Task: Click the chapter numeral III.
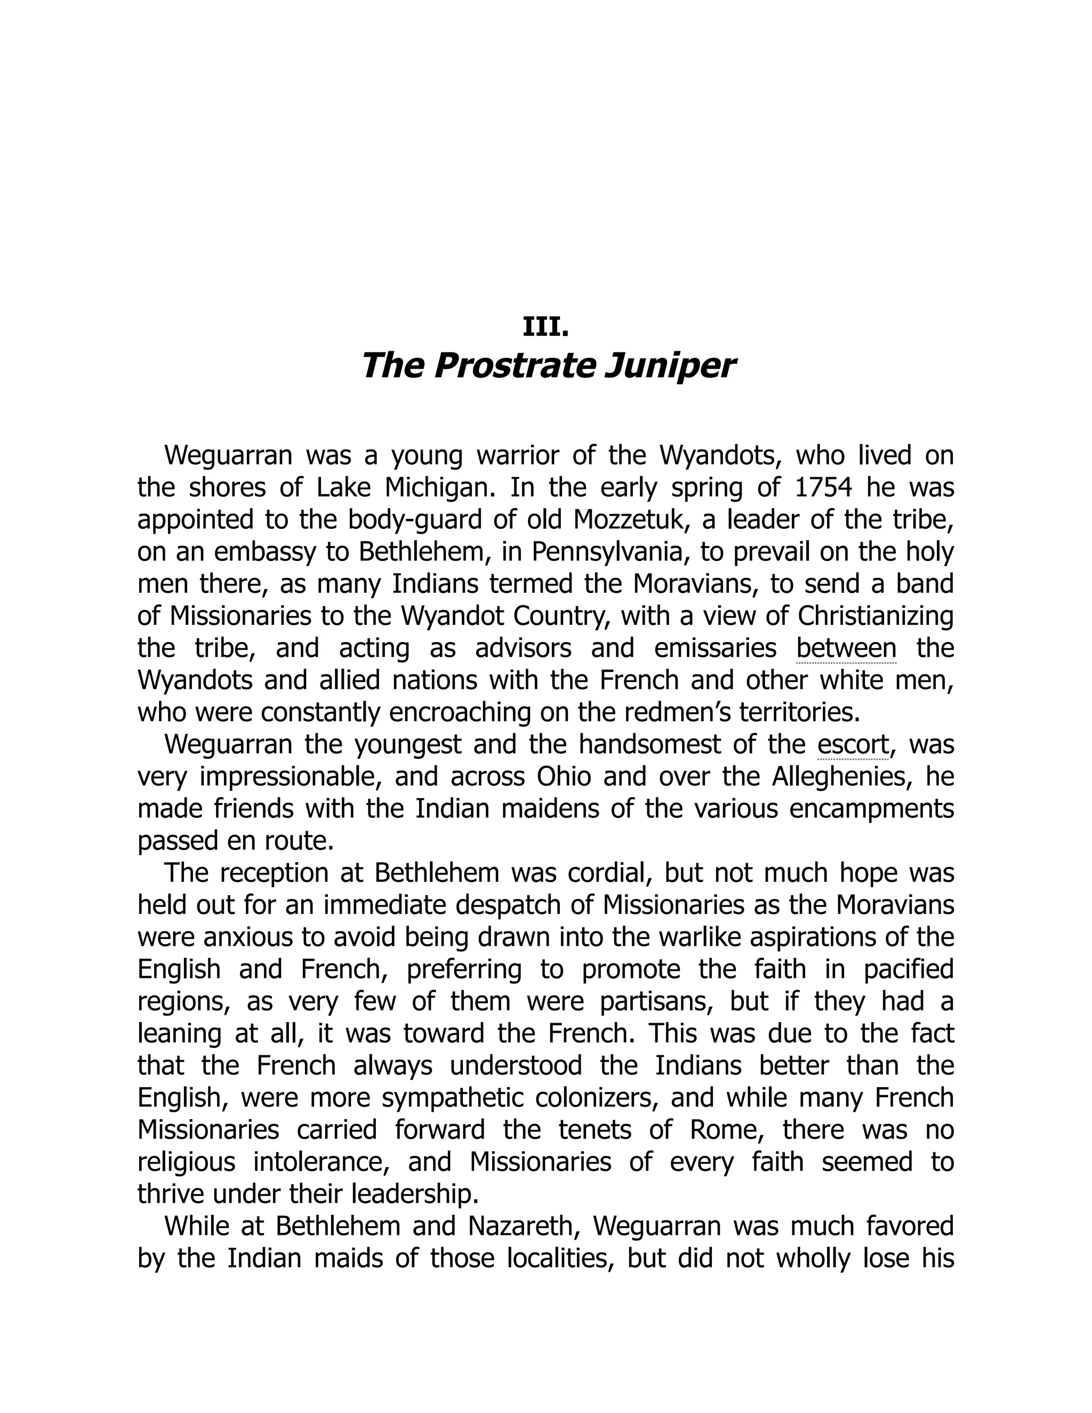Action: coord(545,327)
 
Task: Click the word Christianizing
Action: coord(876,616)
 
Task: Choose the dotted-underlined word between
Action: coord(846,648)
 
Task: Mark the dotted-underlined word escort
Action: coord(853,745)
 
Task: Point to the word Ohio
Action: coord(564,776)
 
